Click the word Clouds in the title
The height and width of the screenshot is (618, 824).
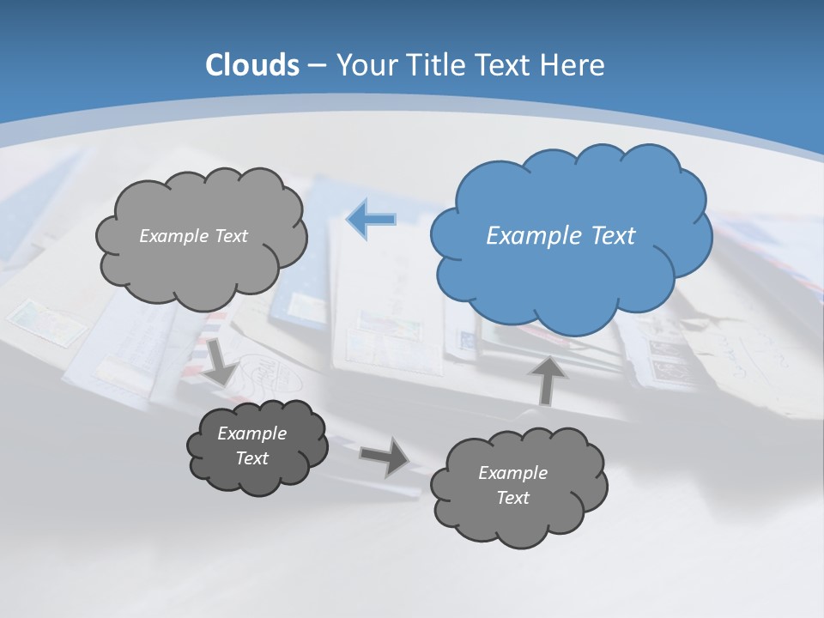251,65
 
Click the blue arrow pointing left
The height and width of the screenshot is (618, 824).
371,220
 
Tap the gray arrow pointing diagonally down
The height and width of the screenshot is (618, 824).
221,361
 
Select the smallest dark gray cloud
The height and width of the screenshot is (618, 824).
257,446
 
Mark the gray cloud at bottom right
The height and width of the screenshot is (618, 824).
518,486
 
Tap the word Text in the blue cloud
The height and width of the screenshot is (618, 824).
613,236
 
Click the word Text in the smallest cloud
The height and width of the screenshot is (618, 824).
252,458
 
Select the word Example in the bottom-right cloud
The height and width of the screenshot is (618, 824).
512,473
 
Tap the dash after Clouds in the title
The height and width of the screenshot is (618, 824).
316,65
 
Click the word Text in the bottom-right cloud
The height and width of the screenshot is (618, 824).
513,498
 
